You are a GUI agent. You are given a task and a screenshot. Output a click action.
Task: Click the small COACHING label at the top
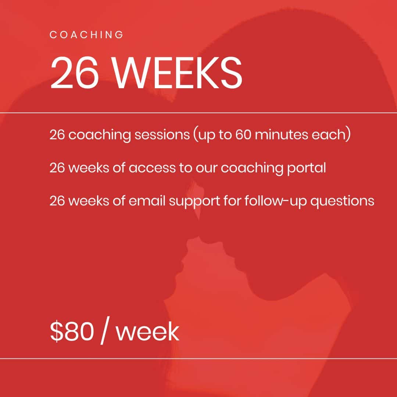(86, 35)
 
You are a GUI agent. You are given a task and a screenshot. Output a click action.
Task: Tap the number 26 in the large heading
(75, 73)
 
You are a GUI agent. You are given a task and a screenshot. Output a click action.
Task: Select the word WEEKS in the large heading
(178, 73)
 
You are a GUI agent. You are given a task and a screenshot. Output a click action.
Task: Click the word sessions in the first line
(162, 135)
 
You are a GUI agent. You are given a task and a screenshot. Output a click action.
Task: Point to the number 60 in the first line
(243, 135)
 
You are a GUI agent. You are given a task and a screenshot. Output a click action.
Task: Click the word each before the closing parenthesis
(328, 135)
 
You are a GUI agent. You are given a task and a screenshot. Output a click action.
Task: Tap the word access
(152, 168)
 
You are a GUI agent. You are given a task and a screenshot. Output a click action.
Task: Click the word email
(147, 201)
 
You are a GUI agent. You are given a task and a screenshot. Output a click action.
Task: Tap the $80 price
(72, 332)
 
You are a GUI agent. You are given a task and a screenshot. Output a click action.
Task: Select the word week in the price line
(148, 332)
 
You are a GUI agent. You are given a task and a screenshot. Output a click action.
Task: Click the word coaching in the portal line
(252, 169)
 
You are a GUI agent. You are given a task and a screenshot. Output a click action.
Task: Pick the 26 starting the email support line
(57, 201)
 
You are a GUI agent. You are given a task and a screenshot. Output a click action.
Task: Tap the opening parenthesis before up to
(195, 135)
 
